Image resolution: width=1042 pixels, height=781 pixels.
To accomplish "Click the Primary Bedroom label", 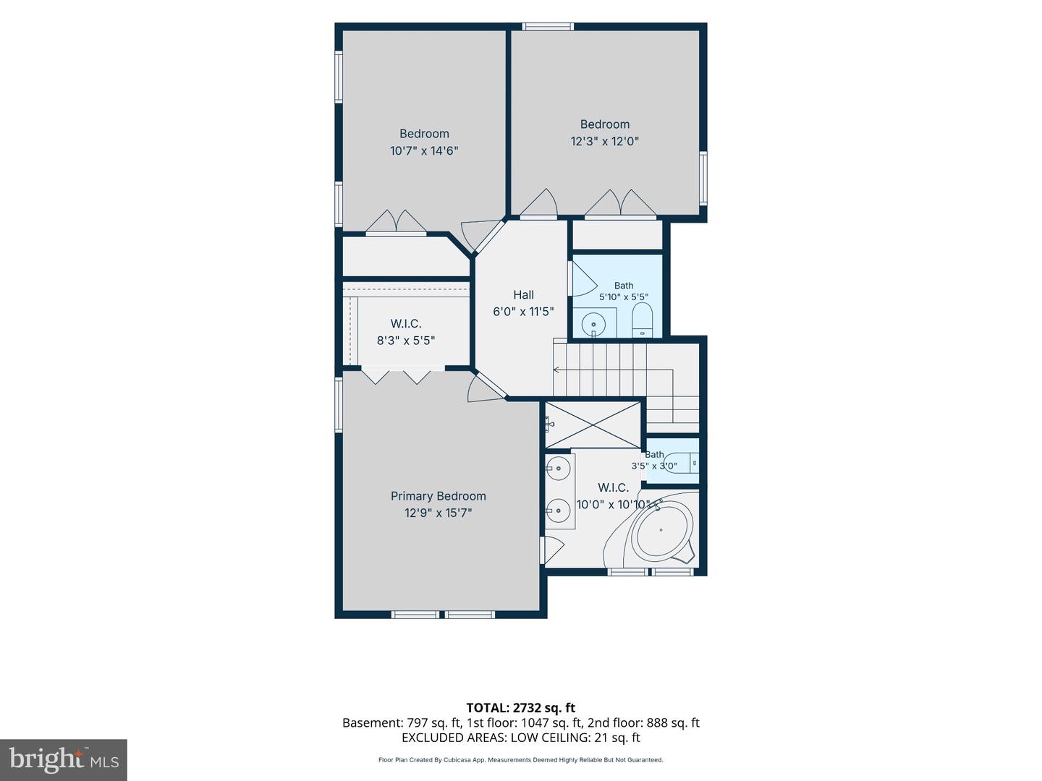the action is pyautogui.click(x=438, y=496).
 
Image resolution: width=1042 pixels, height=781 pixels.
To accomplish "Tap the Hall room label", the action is pyautogui.click(x=523, y=295).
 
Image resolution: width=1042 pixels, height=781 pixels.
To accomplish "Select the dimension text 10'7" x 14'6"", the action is pyautogui.click(x=424, y=151).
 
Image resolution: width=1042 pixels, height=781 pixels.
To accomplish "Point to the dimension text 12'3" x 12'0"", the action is pyautogui.click(x=604, y=141).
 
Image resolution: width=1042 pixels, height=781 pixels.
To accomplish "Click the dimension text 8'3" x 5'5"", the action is pyautogui.click(x=406, y=341).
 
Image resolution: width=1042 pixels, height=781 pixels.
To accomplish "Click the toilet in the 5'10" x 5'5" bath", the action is pyautogui.click(x=643, y=320).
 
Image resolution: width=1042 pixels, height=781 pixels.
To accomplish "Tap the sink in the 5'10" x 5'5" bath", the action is pyautogui.click(x=593, y=325).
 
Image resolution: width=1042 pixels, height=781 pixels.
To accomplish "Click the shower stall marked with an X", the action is pyautogui.click(x=593, y=424).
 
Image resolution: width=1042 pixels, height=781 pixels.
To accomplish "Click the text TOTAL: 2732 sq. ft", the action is pyautogui.click(x=521, y=707).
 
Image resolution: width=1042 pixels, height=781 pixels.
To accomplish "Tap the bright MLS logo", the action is pyautogui.click(x=64, y=760).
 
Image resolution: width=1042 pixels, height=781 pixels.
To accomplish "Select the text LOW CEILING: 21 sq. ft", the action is pyautogui.click(x=574, y=738).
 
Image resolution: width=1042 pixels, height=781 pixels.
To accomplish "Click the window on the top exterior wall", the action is pyautogui.click(x=548, y=27).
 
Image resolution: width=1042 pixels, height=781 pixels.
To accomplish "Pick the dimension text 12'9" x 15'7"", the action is pyautogui.click(x=438, y=513).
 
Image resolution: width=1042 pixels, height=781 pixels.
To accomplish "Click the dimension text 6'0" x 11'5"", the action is pyautogui.click(x=523, y=312).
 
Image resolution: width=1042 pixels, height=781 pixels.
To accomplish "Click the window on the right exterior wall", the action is pyautogui.click(x=703, y=179).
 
